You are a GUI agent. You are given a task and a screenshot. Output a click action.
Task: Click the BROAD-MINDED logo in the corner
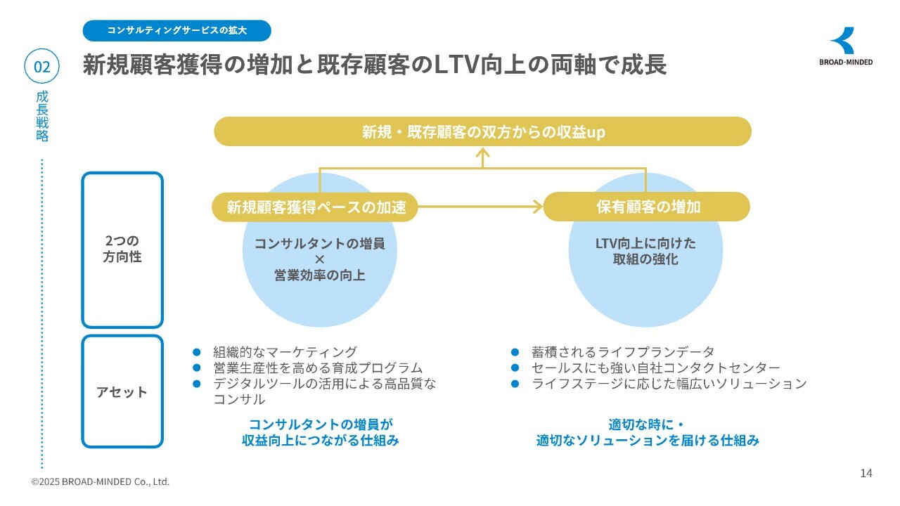click(x=846, y=46)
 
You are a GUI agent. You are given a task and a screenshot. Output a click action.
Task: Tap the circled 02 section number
click(x=42, y=67)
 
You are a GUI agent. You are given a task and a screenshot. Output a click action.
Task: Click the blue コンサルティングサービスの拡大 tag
click(x=176, y=31)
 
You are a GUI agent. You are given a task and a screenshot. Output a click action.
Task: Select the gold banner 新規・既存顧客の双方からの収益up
click(x=482, y=131)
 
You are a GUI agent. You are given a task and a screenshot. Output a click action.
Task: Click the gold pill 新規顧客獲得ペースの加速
click(x=316, y=207)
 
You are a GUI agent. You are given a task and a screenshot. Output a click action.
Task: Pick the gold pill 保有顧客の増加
click(x=648, y=207)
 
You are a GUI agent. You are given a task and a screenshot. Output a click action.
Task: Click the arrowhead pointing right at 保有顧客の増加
click(x=538, y=207)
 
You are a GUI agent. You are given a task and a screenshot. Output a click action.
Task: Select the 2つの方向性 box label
click(x=122, y=249)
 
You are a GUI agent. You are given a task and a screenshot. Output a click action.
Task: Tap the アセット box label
click(x=122, y=391)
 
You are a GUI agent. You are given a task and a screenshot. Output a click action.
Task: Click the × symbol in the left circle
click(x=319, y=259)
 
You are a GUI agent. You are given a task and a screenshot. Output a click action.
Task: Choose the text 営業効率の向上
click(x=319, y=275)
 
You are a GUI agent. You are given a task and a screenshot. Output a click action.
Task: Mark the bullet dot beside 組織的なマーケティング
click(x=197, y=352)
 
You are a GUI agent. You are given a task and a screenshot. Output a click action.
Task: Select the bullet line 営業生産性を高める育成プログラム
click(x=318, y=368)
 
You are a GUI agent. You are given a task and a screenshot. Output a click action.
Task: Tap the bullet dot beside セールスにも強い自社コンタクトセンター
click(x=515, y=368)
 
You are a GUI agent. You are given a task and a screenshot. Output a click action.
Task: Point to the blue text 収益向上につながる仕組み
click(x=321, y=441)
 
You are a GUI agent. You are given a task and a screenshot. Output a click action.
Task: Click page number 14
click(x=866, y=473)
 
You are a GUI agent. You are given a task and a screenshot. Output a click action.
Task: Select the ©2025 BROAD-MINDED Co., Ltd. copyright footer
click(x=101, y=482)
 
